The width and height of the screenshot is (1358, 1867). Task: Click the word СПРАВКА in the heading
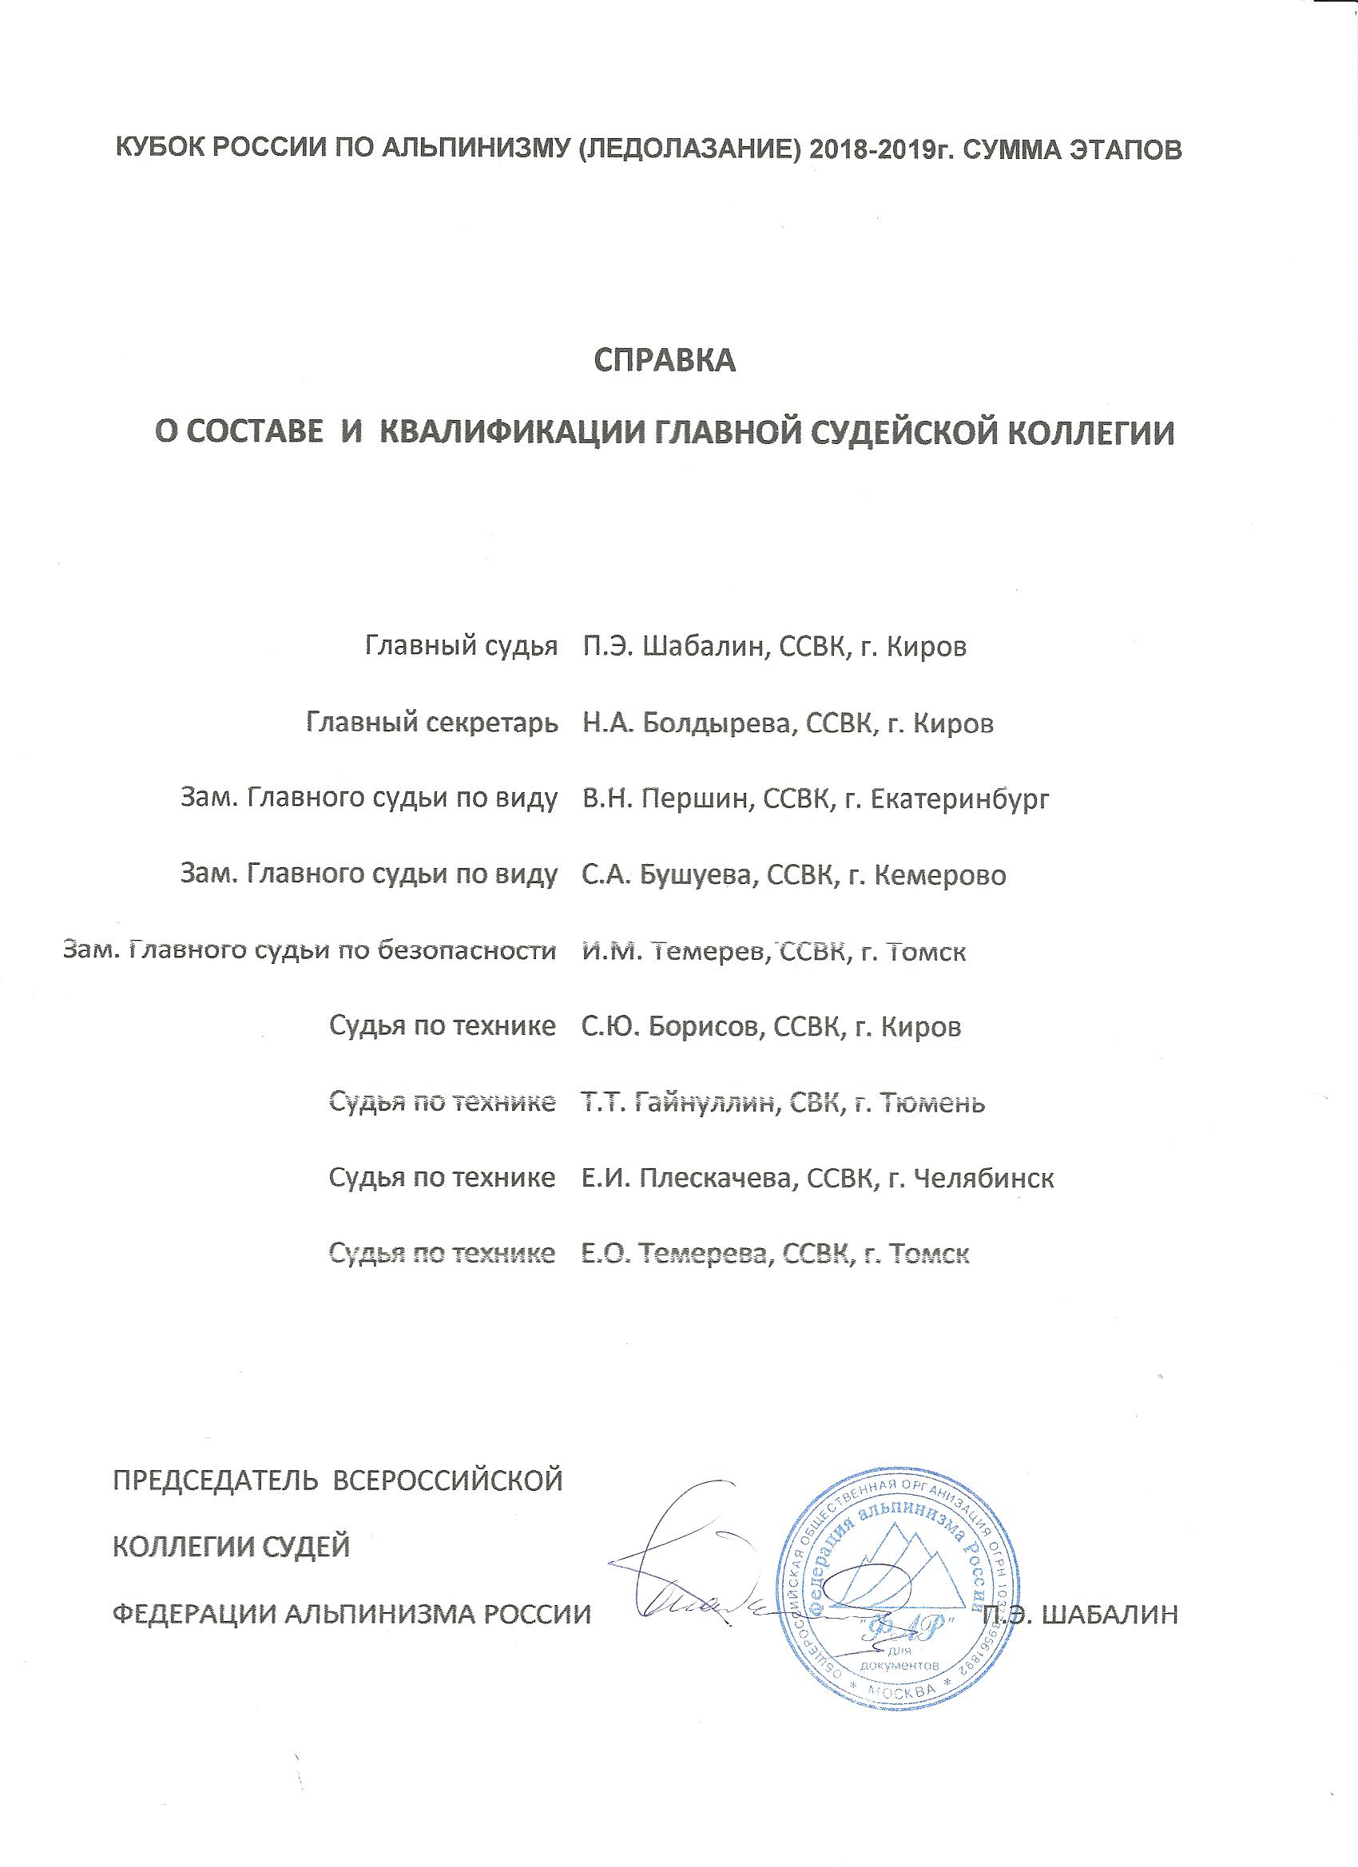pyautogui.click(x=665, y=361)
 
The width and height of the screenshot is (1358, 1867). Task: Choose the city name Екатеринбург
pyautogui.click(x=959, y=799)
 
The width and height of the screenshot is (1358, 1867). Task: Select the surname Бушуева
pyautogui.click(x=696, y=875)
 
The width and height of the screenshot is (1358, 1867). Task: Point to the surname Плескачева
pyautogui.click(x=713, y=1179)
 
